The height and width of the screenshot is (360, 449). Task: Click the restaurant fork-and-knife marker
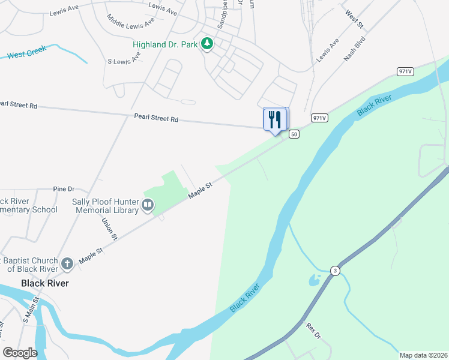(x=276, y=119)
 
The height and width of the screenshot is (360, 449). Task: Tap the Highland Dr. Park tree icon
(x=207, y=44)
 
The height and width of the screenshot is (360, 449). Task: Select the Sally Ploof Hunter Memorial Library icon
(x=147, y=206)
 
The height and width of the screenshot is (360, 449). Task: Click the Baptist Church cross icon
(x=67, y=263)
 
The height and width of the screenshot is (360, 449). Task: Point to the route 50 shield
(x=294, y=134)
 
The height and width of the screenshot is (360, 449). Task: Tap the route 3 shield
(x=335, y=271)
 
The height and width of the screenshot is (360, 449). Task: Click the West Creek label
(x=27, y=53)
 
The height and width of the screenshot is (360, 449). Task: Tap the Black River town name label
(x=44, y=283)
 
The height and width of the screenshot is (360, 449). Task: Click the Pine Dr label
(x=63, y=188)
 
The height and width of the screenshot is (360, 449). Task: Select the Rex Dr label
(x=314, y=331)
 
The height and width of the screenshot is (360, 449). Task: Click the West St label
(x=355, y=19)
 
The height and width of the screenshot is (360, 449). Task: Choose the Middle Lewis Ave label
(x=131, y=24)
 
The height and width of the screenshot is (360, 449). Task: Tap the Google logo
(x=20, y=353)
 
